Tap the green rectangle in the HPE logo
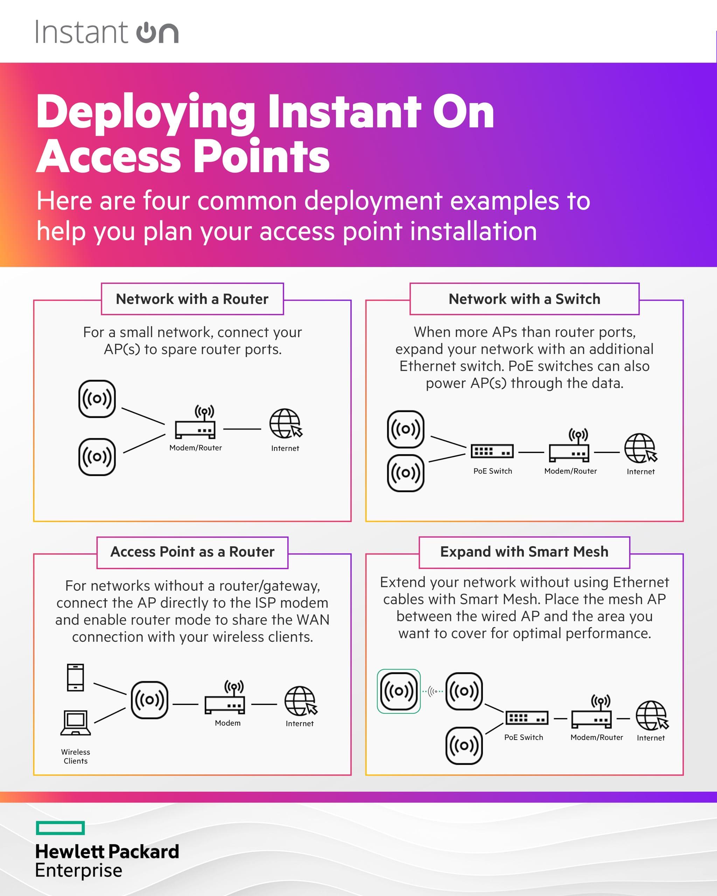click(x=60, y=827)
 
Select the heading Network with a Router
click(x=192, y=299)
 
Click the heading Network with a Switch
click(x=524, y=299)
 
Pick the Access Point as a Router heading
click(x=192, y=552)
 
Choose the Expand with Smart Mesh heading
click(x=524, y=552)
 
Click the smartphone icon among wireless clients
click(x=75, y=677)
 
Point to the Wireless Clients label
click(x=75, y=756)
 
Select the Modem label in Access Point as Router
click(x=227, y=723)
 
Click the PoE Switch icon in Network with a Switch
click(x=492, y=451)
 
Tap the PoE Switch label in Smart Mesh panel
click(x=523, y=737)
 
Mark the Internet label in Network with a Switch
click(x=641, y=472)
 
